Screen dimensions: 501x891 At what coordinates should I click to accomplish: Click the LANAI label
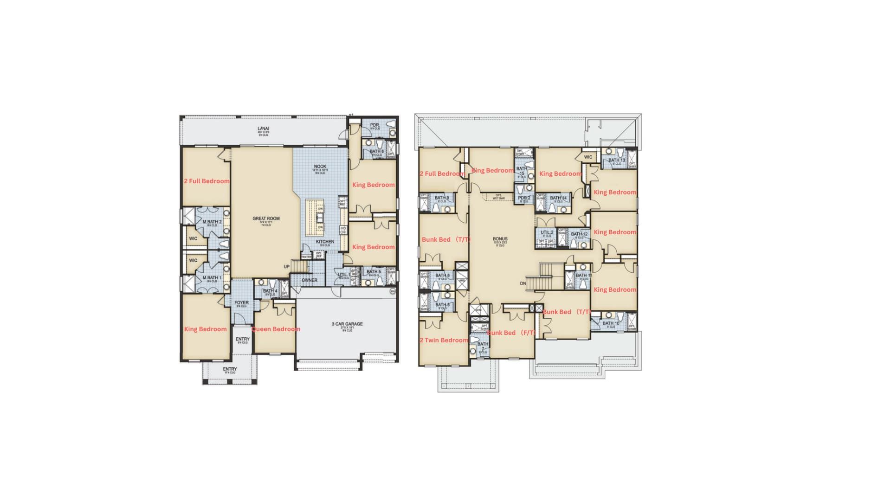(x=263, y=129)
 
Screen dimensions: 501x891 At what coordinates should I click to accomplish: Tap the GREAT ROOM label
(x=266, y=218)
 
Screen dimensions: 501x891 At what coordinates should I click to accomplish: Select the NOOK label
(x=320, y=167)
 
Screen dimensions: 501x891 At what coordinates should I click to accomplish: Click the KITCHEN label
(x=325, y=242)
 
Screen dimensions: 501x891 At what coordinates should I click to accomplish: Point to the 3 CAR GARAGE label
(x=347, y=324)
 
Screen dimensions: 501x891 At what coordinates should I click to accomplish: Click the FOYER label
(x=241, y=303)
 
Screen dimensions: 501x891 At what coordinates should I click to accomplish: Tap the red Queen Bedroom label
(x=276, y=329)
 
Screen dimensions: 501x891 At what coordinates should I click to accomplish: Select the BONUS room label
(x=500, y=239)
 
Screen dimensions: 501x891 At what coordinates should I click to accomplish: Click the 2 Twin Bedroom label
(x=444, y=340)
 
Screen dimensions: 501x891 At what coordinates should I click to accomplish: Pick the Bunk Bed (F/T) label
(x=511, y=333)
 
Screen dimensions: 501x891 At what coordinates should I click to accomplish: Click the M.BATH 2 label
(x=212, y=222)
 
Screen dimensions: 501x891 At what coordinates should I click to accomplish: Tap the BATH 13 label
(x=617, y=161)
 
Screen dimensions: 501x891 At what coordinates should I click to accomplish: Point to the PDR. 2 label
(x=524, y=198)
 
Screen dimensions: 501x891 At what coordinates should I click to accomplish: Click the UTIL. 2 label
(x=547, y=232)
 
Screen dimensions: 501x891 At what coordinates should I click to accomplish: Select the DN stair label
(x=523, y=283)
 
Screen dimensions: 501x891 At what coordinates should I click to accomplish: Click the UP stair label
(x=286, y=267)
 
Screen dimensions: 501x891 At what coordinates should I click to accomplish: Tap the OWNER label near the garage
(x=310, y=280)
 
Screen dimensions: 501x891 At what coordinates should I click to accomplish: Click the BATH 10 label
(x=611, y=323)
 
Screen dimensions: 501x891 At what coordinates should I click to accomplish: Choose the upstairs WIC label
(x=588, y=157)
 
